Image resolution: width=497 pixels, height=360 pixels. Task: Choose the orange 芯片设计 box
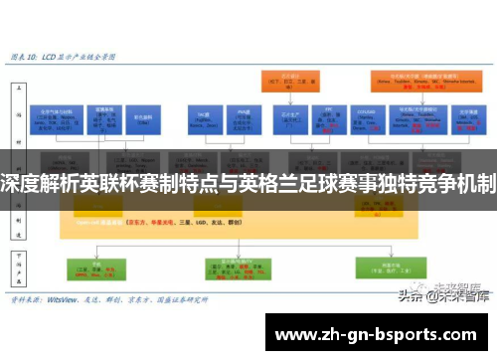click(x=291, y=82)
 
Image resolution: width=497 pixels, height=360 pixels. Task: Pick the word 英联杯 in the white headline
click(x=116, y=183)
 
